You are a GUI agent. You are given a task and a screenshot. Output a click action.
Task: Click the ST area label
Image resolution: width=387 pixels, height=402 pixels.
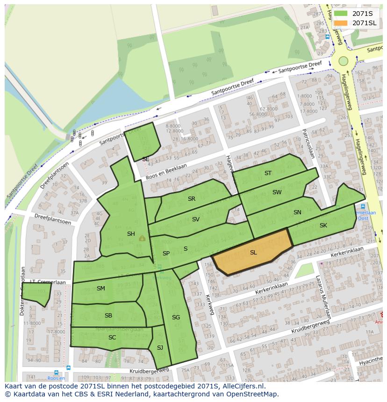pos(268,173)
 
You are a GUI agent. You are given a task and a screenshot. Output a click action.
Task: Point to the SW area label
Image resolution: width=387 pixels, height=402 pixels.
pos(277,192)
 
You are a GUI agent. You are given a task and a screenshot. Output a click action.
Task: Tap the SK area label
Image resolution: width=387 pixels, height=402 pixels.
pos(323,226)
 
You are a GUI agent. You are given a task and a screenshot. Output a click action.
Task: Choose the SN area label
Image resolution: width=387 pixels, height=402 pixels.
pos(297,212)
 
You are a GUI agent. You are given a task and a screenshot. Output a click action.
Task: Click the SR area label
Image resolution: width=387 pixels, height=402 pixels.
pos(192,199)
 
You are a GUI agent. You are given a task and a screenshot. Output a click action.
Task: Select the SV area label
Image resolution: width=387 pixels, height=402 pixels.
pos(196,219)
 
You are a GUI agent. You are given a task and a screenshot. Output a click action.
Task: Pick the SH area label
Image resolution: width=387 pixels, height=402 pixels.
pos(131,234)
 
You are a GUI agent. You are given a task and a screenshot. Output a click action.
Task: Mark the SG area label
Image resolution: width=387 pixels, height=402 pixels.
pos(176,317)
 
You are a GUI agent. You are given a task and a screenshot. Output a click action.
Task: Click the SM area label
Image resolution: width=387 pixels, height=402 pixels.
pos(101,289)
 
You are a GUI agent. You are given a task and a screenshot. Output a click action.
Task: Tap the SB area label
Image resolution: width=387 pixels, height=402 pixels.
pos(108,316)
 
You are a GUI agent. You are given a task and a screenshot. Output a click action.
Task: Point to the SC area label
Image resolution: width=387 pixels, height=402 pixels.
pos(112,337)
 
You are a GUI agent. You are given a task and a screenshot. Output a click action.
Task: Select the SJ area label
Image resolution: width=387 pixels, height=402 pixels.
pos(160,347)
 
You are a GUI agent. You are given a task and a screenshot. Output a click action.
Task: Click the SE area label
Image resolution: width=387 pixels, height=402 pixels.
pos(145,159)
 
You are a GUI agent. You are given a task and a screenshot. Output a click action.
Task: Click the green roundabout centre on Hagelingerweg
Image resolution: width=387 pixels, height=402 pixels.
pos(344,61)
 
